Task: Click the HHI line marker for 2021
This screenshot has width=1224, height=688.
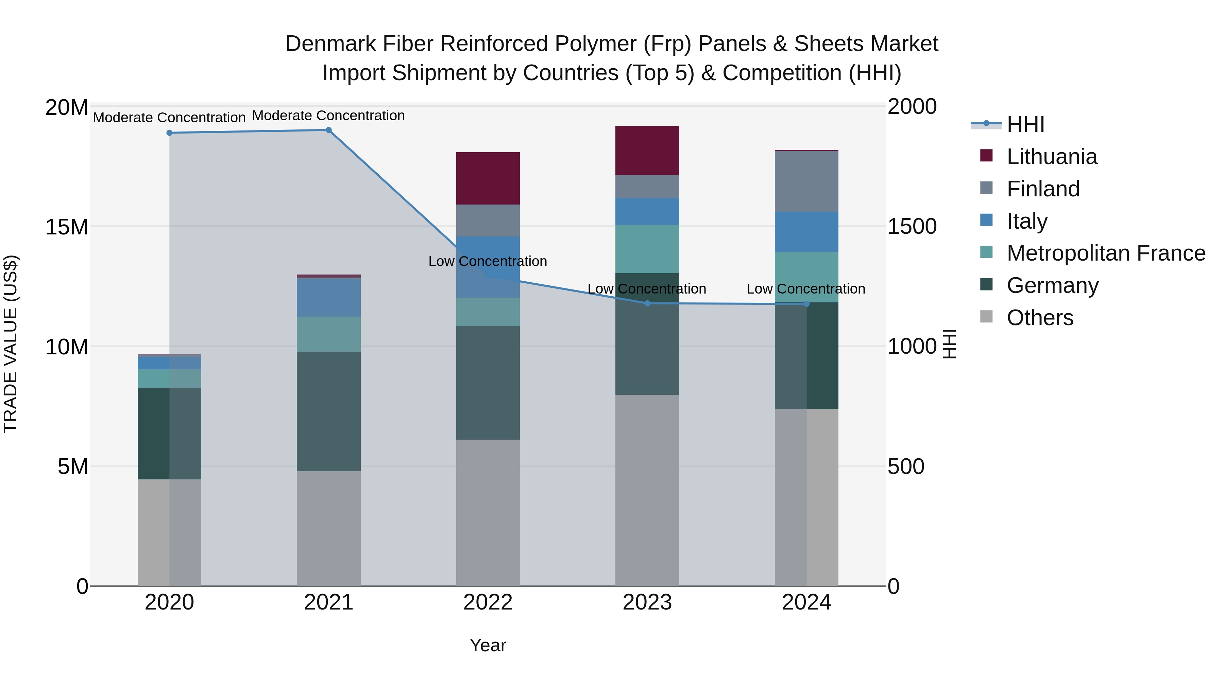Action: [x=328, y=130]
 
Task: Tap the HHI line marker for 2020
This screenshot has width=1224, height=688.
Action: [x=169, y=133]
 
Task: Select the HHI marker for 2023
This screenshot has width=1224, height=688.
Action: [x=647, y=303]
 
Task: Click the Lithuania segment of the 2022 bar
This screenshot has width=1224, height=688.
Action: [x=488, y=178]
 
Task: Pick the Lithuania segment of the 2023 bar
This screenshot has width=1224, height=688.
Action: [x=647, y=151]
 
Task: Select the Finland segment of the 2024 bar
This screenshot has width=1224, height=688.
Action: [x=806, y=181]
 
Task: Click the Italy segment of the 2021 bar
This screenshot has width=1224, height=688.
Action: [x=328, y=298]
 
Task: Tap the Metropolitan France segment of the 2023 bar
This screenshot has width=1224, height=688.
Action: [x=647, y=249]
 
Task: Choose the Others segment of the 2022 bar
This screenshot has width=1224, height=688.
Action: [x=488, y=512]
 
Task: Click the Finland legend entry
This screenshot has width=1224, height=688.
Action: [x=1043, y=189]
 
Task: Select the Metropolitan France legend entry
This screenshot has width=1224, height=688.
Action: [x=1106, y=253]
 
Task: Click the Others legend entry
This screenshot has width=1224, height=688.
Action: [x=1040, y=318]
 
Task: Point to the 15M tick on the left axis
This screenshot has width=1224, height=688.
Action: [x=67, y=227]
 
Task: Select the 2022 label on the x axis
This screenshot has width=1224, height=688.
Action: [x=488, y=602]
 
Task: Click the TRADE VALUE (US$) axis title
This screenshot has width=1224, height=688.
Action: [x=11, y=344]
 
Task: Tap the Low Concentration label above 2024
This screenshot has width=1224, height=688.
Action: [x=806, y=289]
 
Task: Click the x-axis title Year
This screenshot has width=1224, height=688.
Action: [x=488, y=645]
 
